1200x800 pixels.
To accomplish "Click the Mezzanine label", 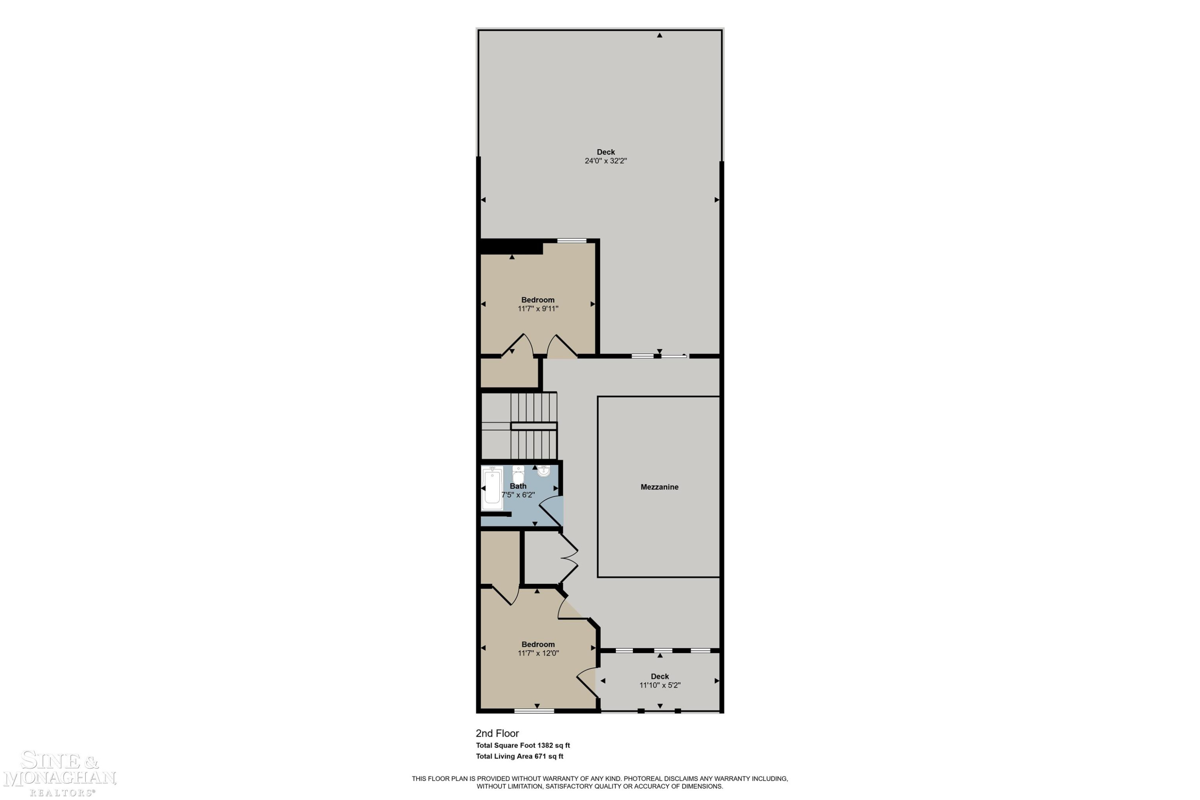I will click(659, 487).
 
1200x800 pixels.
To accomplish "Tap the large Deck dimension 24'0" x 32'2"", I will click(606, 161).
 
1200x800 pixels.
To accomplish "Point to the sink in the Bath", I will click(544, 470).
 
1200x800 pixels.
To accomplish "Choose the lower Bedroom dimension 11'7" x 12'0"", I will click(538, 653).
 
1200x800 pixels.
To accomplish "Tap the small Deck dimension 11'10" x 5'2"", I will click(660, 685).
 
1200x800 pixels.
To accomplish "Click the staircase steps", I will click(533, 426).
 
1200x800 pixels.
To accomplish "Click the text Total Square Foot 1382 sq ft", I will click(522, 746).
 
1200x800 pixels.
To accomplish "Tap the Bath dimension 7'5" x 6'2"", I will click(518, 495).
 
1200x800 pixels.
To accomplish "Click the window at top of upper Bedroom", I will click(572, 241).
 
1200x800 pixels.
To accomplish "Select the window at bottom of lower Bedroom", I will click(534, 711).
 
